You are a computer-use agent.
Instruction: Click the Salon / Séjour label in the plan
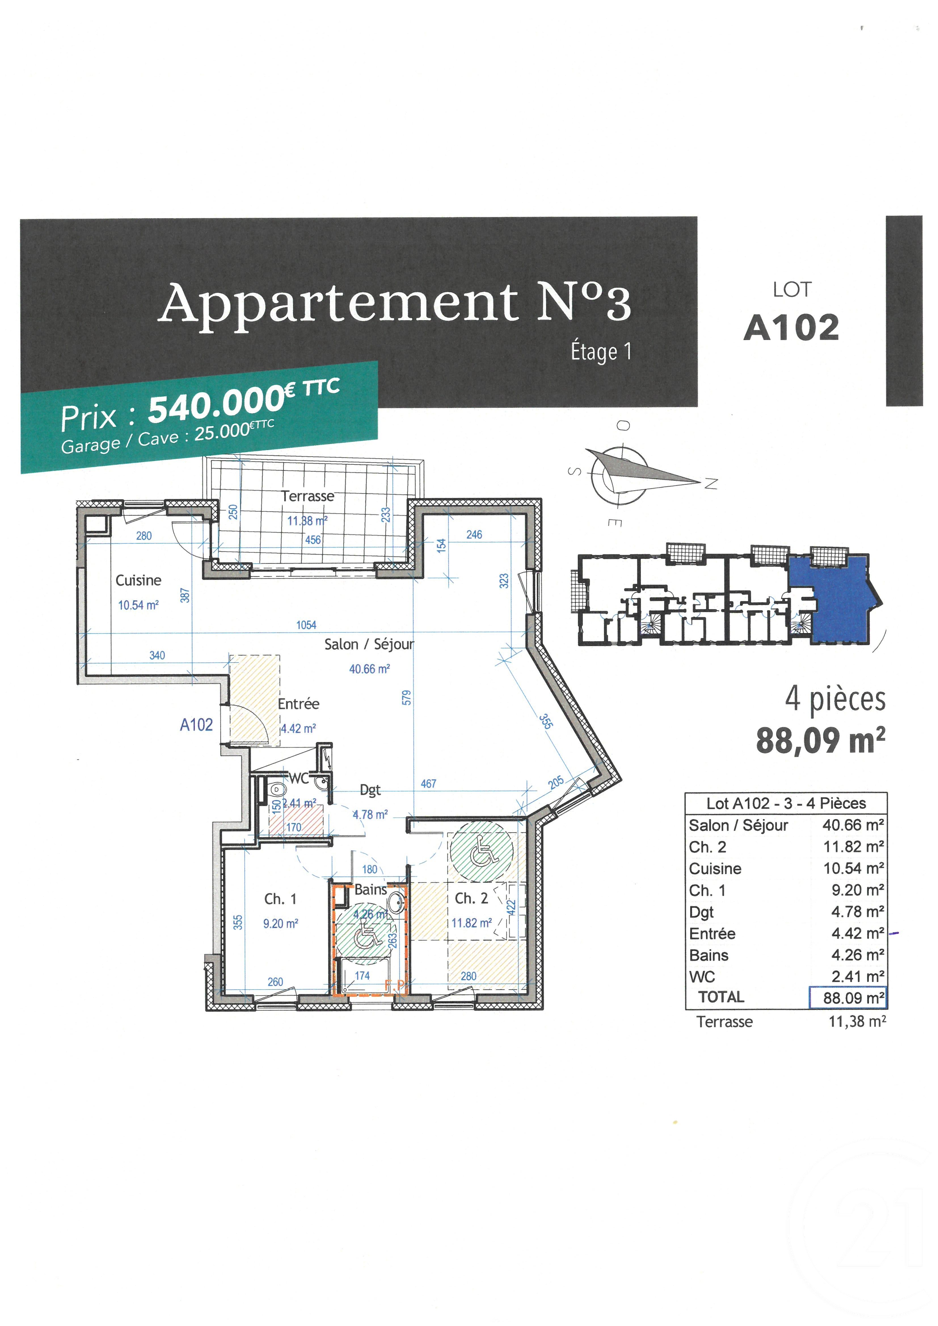(x=369, y=644)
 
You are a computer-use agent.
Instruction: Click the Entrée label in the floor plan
(x=298, y=703)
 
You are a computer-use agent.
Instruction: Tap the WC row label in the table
(x=702, y=977)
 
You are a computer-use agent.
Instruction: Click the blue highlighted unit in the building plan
(x=838, y=601)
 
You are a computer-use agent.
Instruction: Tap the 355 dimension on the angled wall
(x=545, y=721)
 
